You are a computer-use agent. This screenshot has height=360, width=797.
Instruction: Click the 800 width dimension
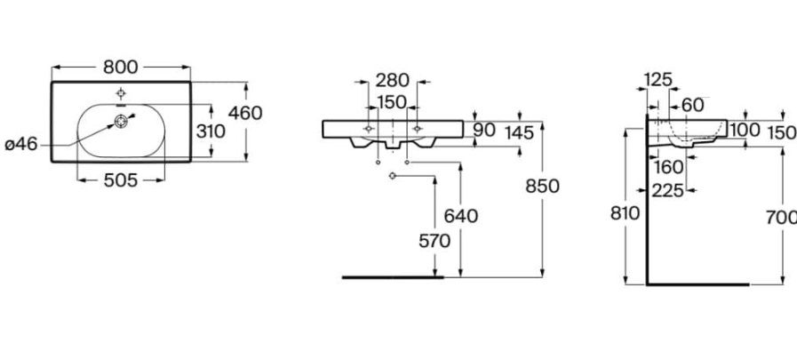point(121,67)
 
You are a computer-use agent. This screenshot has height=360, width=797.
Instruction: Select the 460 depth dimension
point(245,113)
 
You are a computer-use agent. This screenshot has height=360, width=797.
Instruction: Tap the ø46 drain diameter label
point(21,144)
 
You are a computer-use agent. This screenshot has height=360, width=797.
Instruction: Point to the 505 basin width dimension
point(121,180)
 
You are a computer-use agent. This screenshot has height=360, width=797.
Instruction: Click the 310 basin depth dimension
point(211,132)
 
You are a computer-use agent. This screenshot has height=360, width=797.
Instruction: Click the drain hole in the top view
point(121,121)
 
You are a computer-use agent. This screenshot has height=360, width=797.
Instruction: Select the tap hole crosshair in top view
point(121,93)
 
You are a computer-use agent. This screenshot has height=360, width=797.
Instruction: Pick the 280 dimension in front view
point(393,80)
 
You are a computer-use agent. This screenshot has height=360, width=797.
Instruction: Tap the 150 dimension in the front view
point(393,102)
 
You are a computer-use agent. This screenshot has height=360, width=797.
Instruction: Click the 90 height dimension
point(484,130)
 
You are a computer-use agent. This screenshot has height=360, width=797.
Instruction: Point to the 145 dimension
point(520,133)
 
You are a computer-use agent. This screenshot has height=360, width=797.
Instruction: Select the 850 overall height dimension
point(542,187)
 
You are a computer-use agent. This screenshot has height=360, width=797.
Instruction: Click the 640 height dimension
point(461,216)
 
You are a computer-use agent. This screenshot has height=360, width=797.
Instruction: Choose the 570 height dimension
point(434,241)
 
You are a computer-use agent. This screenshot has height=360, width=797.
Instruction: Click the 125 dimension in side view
point(658,80)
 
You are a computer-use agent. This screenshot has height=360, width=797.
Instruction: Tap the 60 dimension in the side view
point(693,105)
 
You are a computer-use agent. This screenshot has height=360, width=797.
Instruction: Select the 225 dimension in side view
point(667,191)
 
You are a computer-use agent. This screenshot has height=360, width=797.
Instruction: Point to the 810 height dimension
point(626,213)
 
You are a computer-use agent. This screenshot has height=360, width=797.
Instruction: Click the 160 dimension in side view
point(669,167)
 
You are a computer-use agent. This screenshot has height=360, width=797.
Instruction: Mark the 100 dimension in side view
point(745,130)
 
